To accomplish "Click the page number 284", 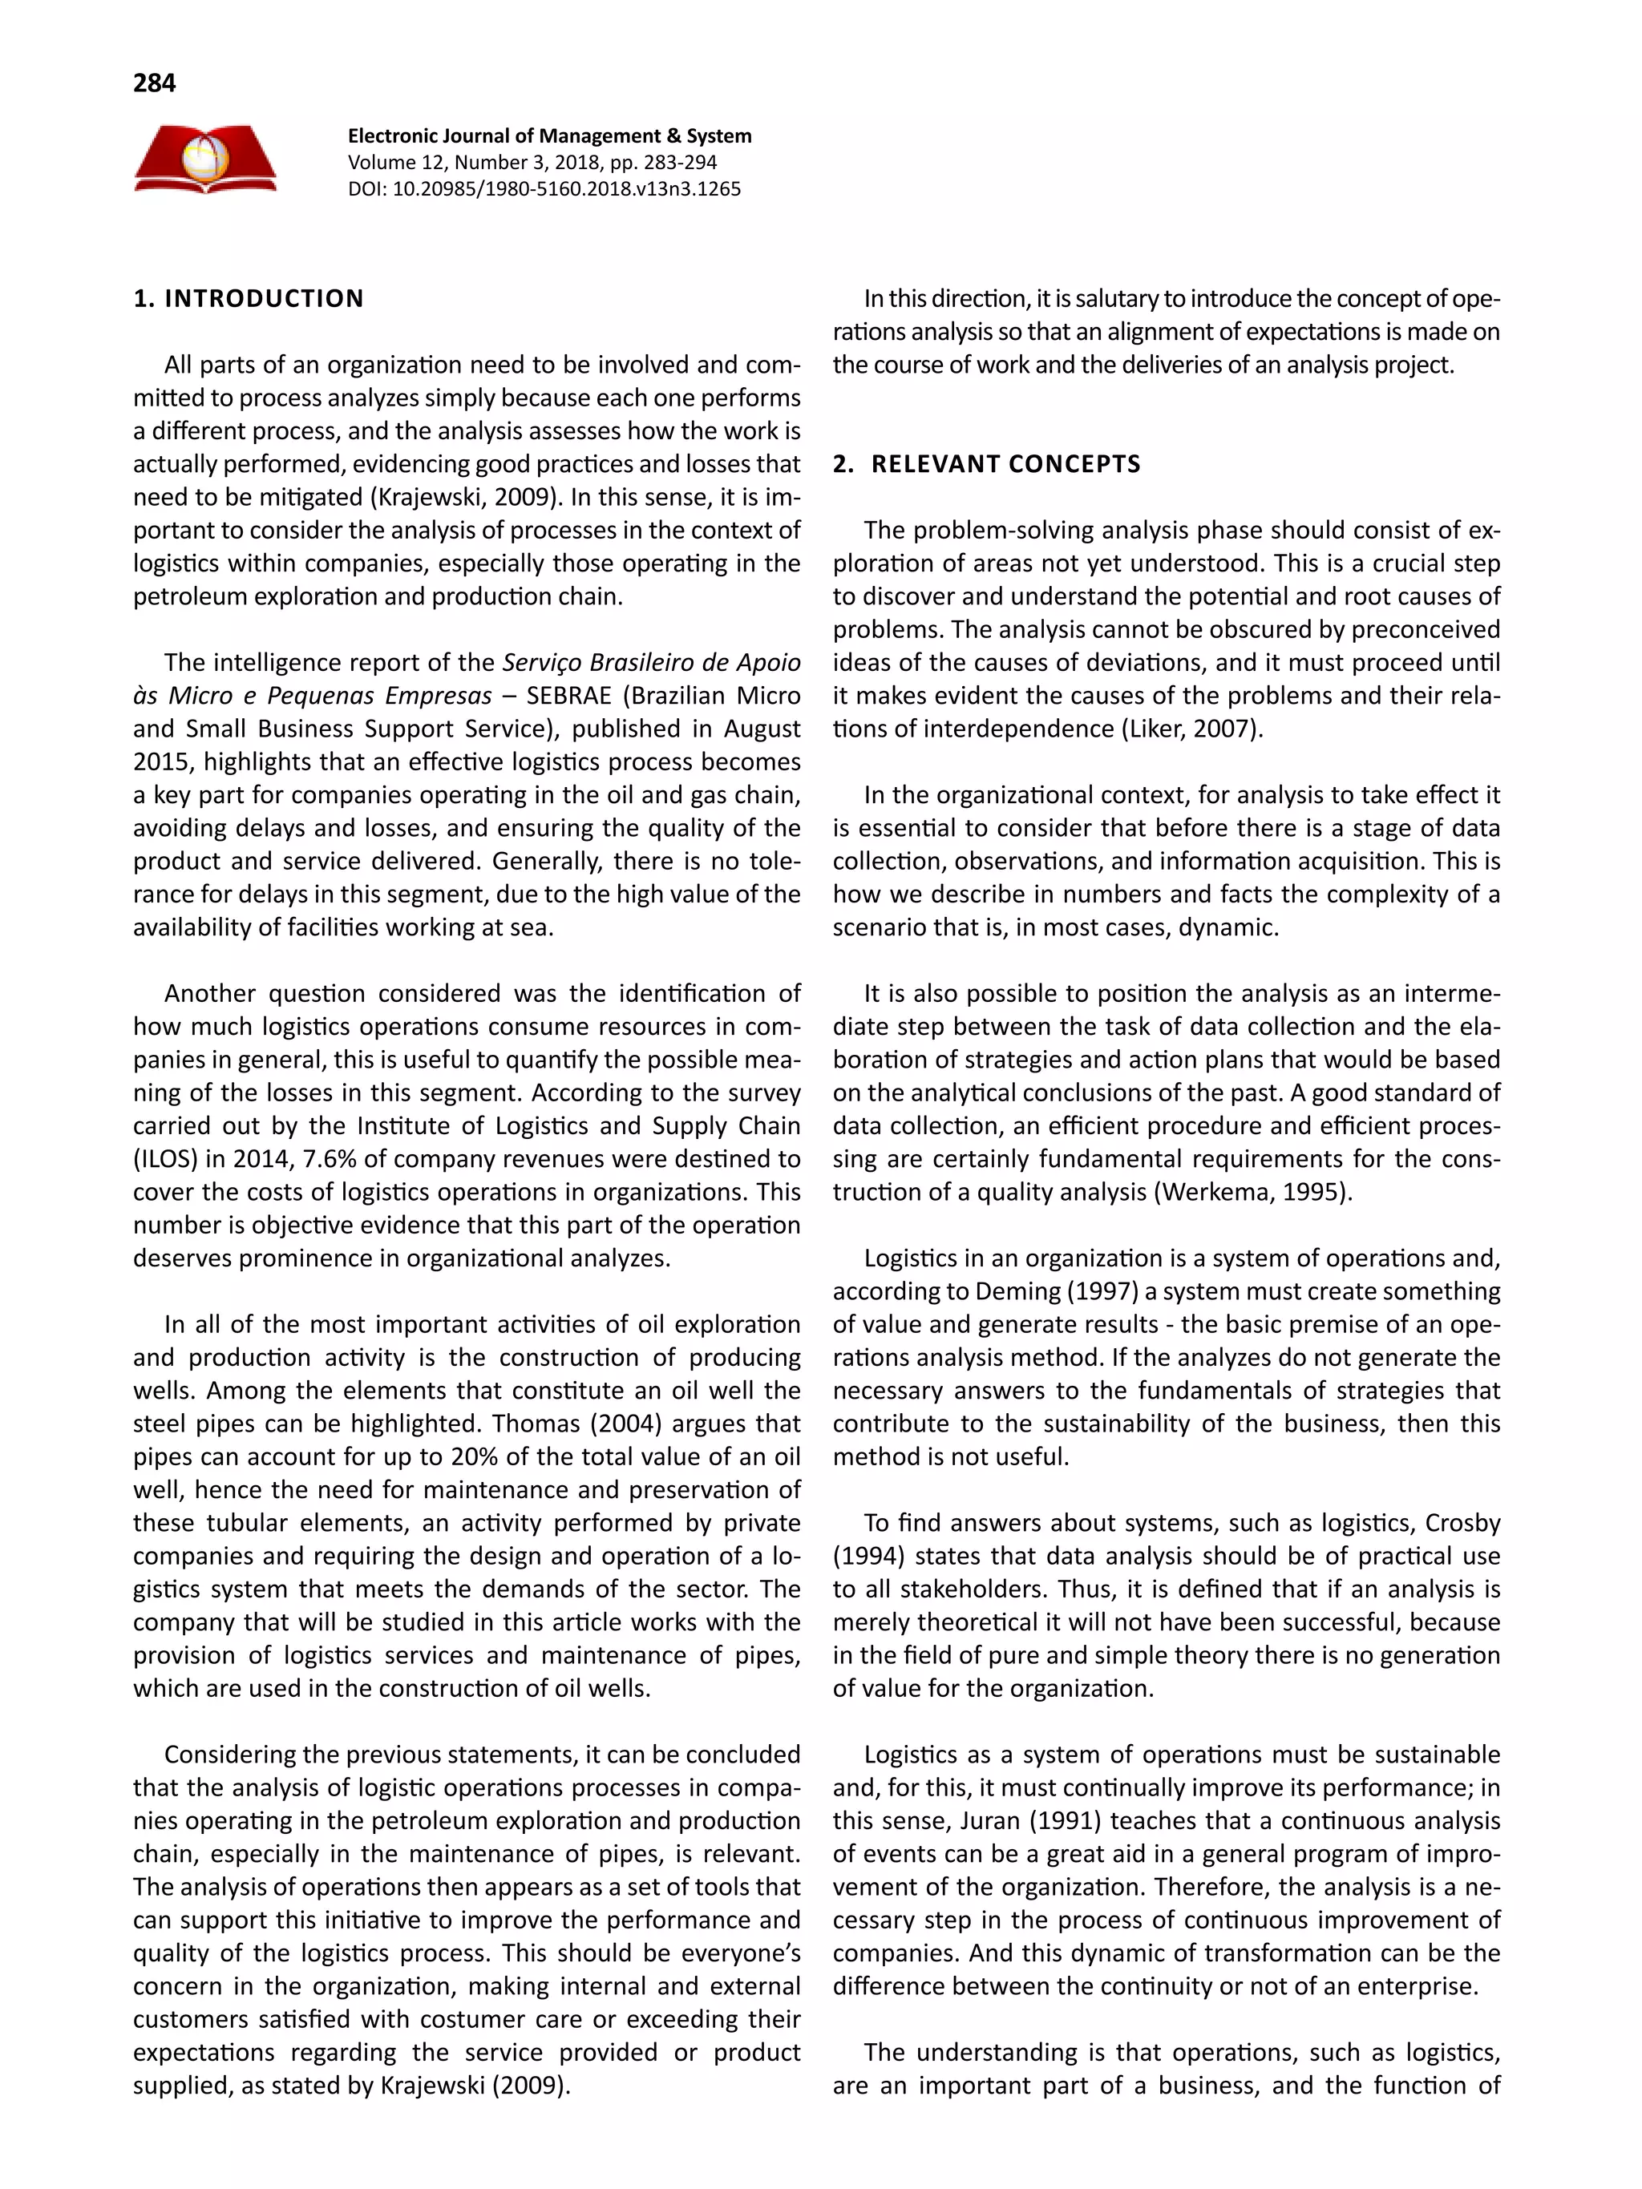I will (x=155, y=83).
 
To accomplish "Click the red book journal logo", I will (x=205, y=160).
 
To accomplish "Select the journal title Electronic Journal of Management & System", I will (x=549, y=135).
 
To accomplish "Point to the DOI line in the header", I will (x=544, y=189).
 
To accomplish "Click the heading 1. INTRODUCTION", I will (x=249, y=299).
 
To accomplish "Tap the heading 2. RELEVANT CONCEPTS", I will (x=986, y=464).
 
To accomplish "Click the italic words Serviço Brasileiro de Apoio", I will (x=651, y=662).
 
